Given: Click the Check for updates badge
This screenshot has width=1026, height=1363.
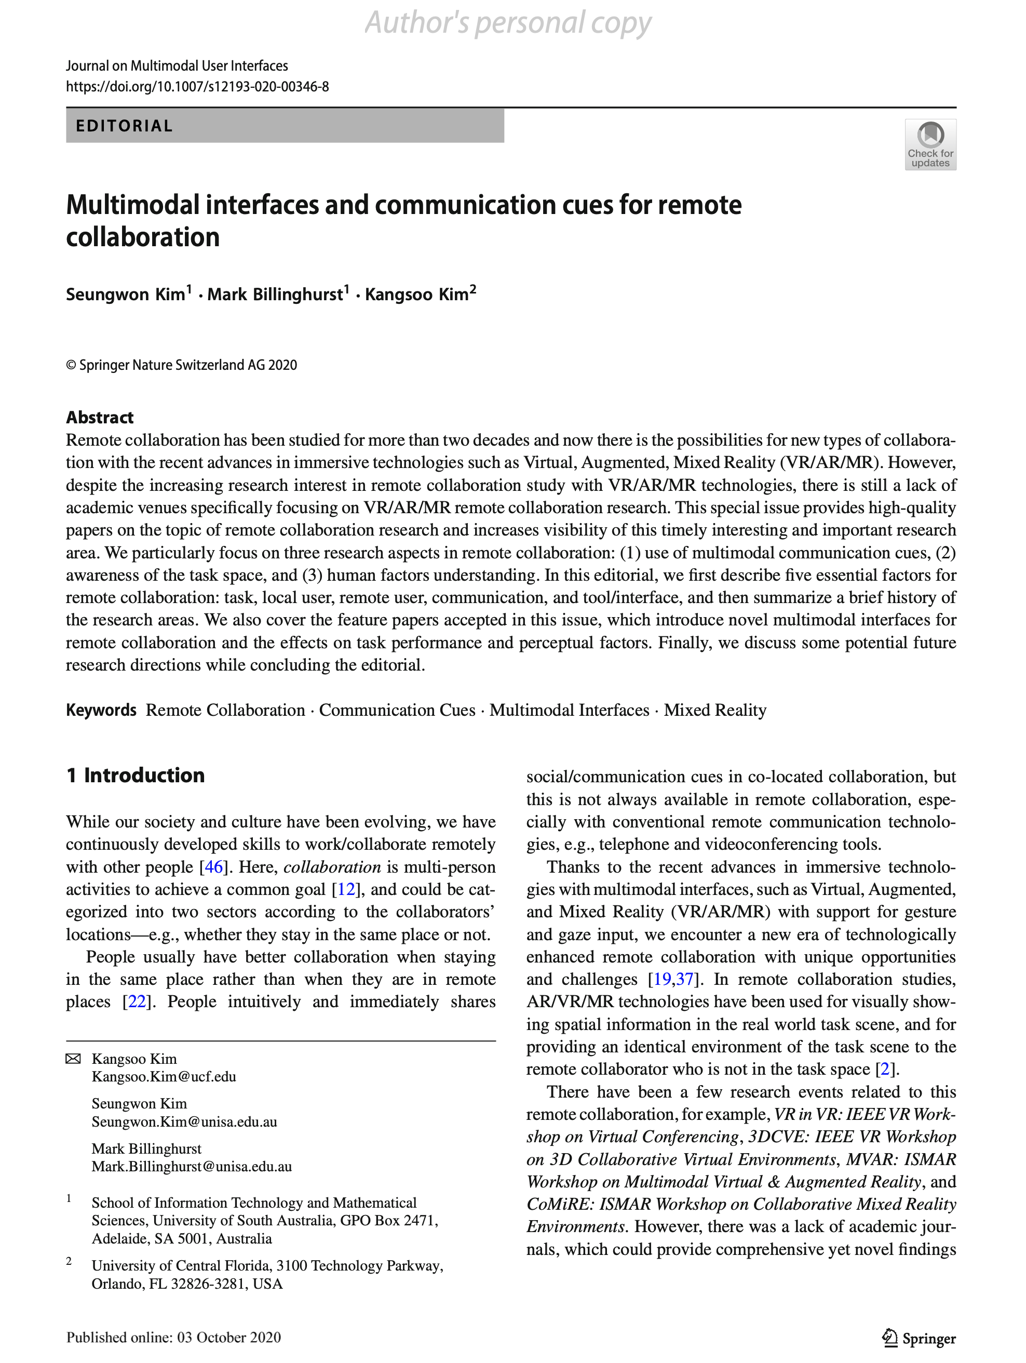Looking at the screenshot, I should (x=930, y=145).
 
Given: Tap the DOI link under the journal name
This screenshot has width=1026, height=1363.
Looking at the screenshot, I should (x=197, y=86).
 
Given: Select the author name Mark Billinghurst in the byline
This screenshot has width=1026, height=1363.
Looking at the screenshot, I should (x=275, y=295).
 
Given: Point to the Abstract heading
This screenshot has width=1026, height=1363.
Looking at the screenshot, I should (x=100, y=418).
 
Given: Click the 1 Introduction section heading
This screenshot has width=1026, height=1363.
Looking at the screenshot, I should (x=136, y=775).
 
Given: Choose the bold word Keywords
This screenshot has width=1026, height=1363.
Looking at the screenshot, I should (x=101, y=711).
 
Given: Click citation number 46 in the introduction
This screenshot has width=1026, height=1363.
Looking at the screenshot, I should (x=213, y=867).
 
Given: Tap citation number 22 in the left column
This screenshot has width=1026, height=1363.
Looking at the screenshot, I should (x=137, y=1002).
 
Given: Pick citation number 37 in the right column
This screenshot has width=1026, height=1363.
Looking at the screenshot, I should (x=685, y=980).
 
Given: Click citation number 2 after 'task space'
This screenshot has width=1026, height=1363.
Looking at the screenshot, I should (x=885, y=1069).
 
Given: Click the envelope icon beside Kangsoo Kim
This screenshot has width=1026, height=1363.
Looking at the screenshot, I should (x=73, y=1059).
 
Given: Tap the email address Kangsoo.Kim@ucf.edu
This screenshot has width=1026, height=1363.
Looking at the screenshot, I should (x=164, y=1076).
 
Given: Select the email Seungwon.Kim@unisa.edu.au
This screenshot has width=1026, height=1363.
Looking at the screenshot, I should (x=184, y=1121).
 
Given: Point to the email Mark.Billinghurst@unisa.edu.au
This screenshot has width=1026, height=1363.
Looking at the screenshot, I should (x=192, y=1167).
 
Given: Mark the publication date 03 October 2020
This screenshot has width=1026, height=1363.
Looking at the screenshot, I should (x=229, y=1338).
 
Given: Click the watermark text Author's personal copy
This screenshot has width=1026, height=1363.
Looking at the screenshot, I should (x=508, y=23).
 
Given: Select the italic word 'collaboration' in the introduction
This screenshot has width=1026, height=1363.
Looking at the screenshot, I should (x=332, y=867).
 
